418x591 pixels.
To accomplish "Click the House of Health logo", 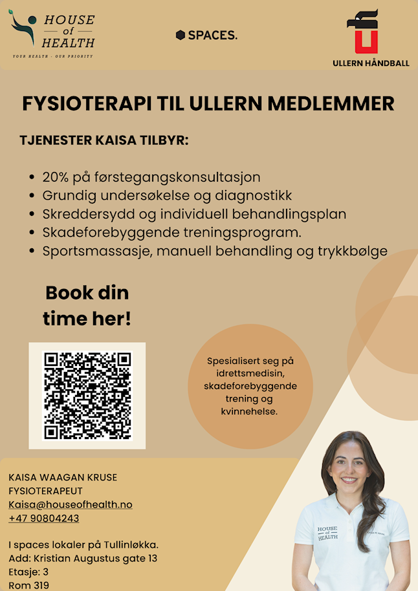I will pos(52,36).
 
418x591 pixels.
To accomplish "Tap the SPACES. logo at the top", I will pos(206,35).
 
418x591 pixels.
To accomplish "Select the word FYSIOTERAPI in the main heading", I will pos(82,103).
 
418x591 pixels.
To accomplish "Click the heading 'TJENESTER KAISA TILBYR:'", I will pos(104,140).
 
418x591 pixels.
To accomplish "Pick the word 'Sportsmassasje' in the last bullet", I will pos(94,251).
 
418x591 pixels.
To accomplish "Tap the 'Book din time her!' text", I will pos(87,305).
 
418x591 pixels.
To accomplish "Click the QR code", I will pos(87,395).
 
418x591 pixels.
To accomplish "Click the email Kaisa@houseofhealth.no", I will pos(70,504).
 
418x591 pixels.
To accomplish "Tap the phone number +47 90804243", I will pos(44,518).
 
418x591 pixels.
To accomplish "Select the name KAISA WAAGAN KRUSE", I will pos(63,477).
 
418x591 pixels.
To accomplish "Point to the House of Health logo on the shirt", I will pos(327,533).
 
